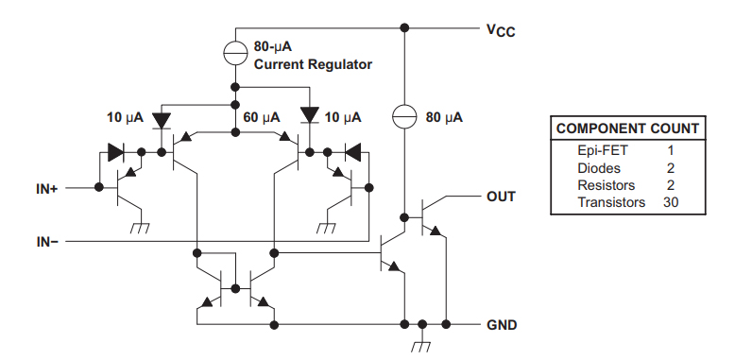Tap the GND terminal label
(x=501, y=325)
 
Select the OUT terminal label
(x=501, y=197)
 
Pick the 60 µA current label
(x=262, y=117)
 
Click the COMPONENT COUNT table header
(x=627, y=129)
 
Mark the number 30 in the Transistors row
(x=671, y=202)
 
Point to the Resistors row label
(x=606, y=185)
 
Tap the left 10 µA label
(x=125, y=118)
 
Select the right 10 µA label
(x=343, y=117)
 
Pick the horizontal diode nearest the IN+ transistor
(x=117, y=150)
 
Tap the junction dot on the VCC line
(x=404, y=27)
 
